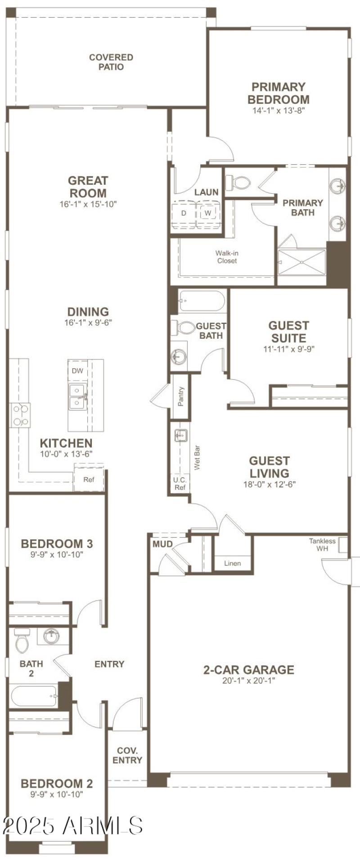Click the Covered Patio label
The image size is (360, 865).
point(111,62)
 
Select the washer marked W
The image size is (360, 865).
point(208,213)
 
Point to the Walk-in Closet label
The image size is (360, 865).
point(227,257)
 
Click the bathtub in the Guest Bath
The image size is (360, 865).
point(201,302)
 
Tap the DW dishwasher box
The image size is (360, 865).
point(77,371)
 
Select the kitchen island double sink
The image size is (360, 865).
point(77,397)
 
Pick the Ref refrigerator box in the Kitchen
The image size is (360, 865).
point(89,480)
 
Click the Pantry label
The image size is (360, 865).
point(181,396)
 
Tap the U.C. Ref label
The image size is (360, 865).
point(180,484)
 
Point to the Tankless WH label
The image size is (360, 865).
point(322,545)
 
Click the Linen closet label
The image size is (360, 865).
point(232,563)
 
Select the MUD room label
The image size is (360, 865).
point(162,544)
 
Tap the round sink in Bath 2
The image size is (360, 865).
point(52,636)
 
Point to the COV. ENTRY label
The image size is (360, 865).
point(127,755)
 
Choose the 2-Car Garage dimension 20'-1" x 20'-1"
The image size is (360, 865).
point(248,681)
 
